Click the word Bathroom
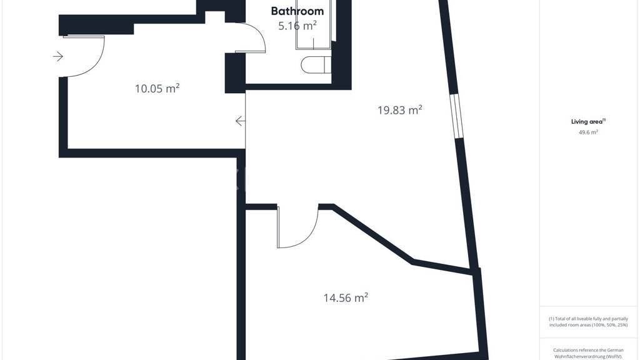tap(297, 11)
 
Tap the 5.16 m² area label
tap(297, 26)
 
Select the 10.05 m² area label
tap(157, 88)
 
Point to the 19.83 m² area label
tap(399, 110)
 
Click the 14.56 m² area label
tap(346, 297)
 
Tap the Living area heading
tap(588, 122)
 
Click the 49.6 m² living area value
tap(588, 132)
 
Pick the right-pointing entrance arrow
tap(58, 56)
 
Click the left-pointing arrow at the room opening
tap(241, 121)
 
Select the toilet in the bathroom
tap(316, 65)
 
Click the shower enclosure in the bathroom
tap(314, 24)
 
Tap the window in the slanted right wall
tap(457, 116)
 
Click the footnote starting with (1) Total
tap(588, 322)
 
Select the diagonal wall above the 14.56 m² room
tap(372, 234)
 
